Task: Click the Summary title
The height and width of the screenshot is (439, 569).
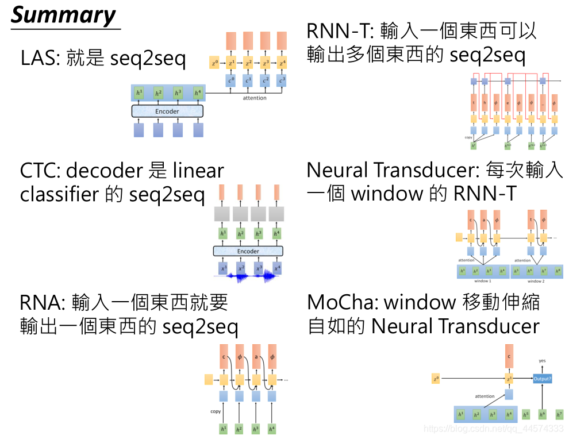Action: click(64, 16)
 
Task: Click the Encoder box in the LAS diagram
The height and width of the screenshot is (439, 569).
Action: click(167, 111)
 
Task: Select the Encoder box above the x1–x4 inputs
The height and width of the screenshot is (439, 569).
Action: click(248, 251)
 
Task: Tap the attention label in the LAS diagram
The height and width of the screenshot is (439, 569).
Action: click(255, 98)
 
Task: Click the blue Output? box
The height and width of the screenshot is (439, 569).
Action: click(542, 379)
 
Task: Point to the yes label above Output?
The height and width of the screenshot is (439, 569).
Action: click(542, 361)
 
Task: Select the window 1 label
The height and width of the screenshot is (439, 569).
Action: click(482, 281)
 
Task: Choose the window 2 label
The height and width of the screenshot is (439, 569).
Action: click(536, 281)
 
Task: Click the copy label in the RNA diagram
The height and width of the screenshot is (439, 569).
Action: click(216, 411)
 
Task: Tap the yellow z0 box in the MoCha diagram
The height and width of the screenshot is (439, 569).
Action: click(436, 379)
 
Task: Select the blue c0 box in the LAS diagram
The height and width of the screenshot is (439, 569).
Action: click(231, 80)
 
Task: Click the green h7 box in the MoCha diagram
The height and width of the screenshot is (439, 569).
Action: click(559, 414)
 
